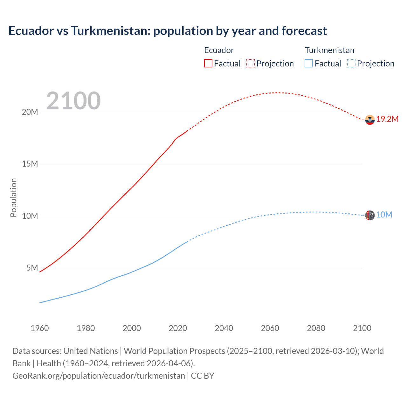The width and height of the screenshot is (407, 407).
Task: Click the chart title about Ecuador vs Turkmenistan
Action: (x=168, y=31)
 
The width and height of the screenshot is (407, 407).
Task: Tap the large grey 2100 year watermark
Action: (x=73, y=101)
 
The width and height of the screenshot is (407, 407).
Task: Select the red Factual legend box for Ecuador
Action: (x=208, y=63)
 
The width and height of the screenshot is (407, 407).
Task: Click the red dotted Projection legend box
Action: (x=251, y=63)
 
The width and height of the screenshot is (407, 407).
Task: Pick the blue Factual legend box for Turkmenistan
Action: (x=309, y=63)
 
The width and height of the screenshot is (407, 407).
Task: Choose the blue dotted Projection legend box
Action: (x=351, y=63)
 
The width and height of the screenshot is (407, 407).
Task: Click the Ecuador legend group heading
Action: (x=219, y=50)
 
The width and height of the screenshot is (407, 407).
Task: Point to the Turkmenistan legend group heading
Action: (x=329, y=50)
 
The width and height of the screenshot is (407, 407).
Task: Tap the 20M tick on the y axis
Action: (x=30, y=112)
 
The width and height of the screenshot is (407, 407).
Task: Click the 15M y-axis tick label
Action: (x=30, y=164)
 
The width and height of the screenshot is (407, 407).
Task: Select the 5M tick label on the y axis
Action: (x=32, y=268)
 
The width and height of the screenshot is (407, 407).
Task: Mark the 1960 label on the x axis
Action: (x=40, y=328)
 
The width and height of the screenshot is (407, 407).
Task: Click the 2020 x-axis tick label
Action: (x=178, y=328)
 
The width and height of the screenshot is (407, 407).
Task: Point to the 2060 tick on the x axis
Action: (x=270, y=328)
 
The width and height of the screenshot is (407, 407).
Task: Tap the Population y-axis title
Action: (x=13, y=197)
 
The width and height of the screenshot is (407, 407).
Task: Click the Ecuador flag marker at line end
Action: (x=370, y=120)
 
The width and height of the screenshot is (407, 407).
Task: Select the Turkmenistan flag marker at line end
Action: (x=370, y=215)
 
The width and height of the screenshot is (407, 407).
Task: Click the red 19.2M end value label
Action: (x=387, y=119)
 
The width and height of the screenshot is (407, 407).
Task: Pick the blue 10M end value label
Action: (x=384, y=215)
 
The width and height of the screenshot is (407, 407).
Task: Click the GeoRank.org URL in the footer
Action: (x=99, y=376)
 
